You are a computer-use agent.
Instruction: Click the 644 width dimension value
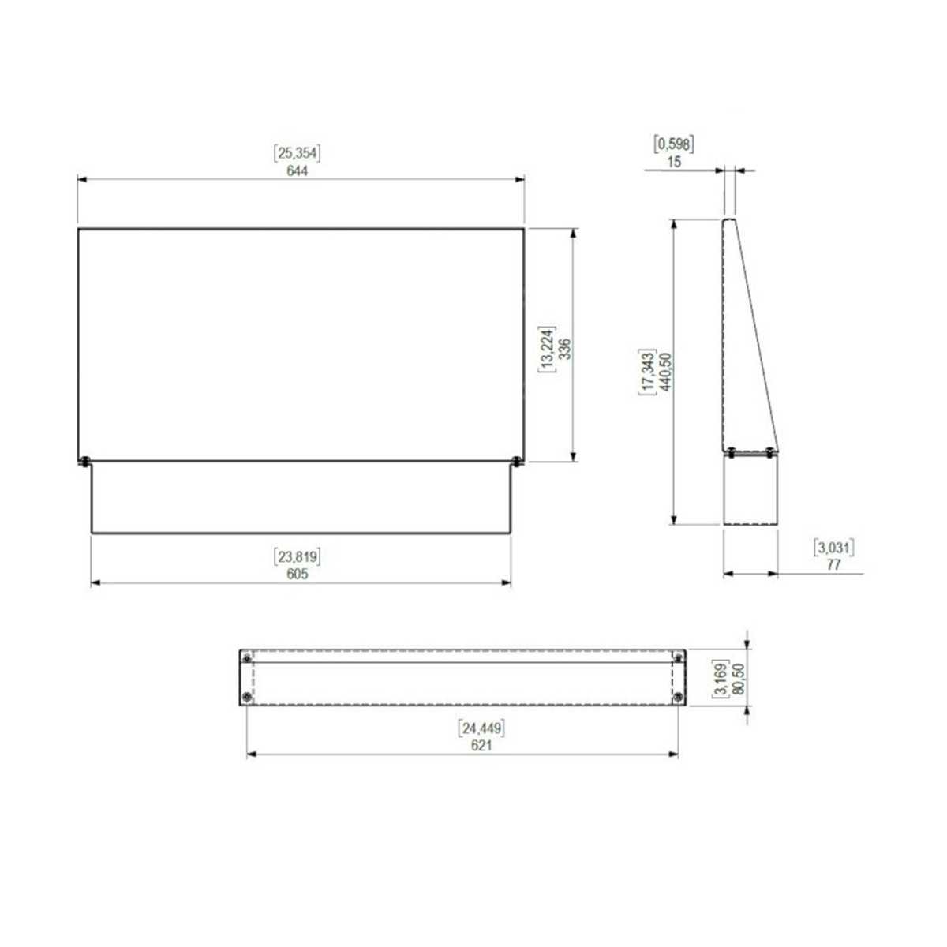click(297, 170)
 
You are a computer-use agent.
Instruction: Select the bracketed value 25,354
click(297, 153)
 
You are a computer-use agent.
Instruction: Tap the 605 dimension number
click(297, 574)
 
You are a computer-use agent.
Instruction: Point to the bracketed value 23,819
click(297, 556)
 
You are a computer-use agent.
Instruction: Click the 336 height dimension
click(565, 349)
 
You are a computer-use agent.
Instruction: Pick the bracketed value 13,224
click(547, 349)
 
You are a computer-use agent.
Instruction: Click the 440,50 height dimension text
click(665, 372)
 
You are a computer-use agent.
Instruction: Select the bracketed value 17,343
click(647, 372)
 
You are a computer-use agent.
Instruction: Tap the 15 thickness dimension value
click(674, 162)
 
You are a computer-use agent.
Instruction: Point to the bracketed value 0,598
click(674, 144)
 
